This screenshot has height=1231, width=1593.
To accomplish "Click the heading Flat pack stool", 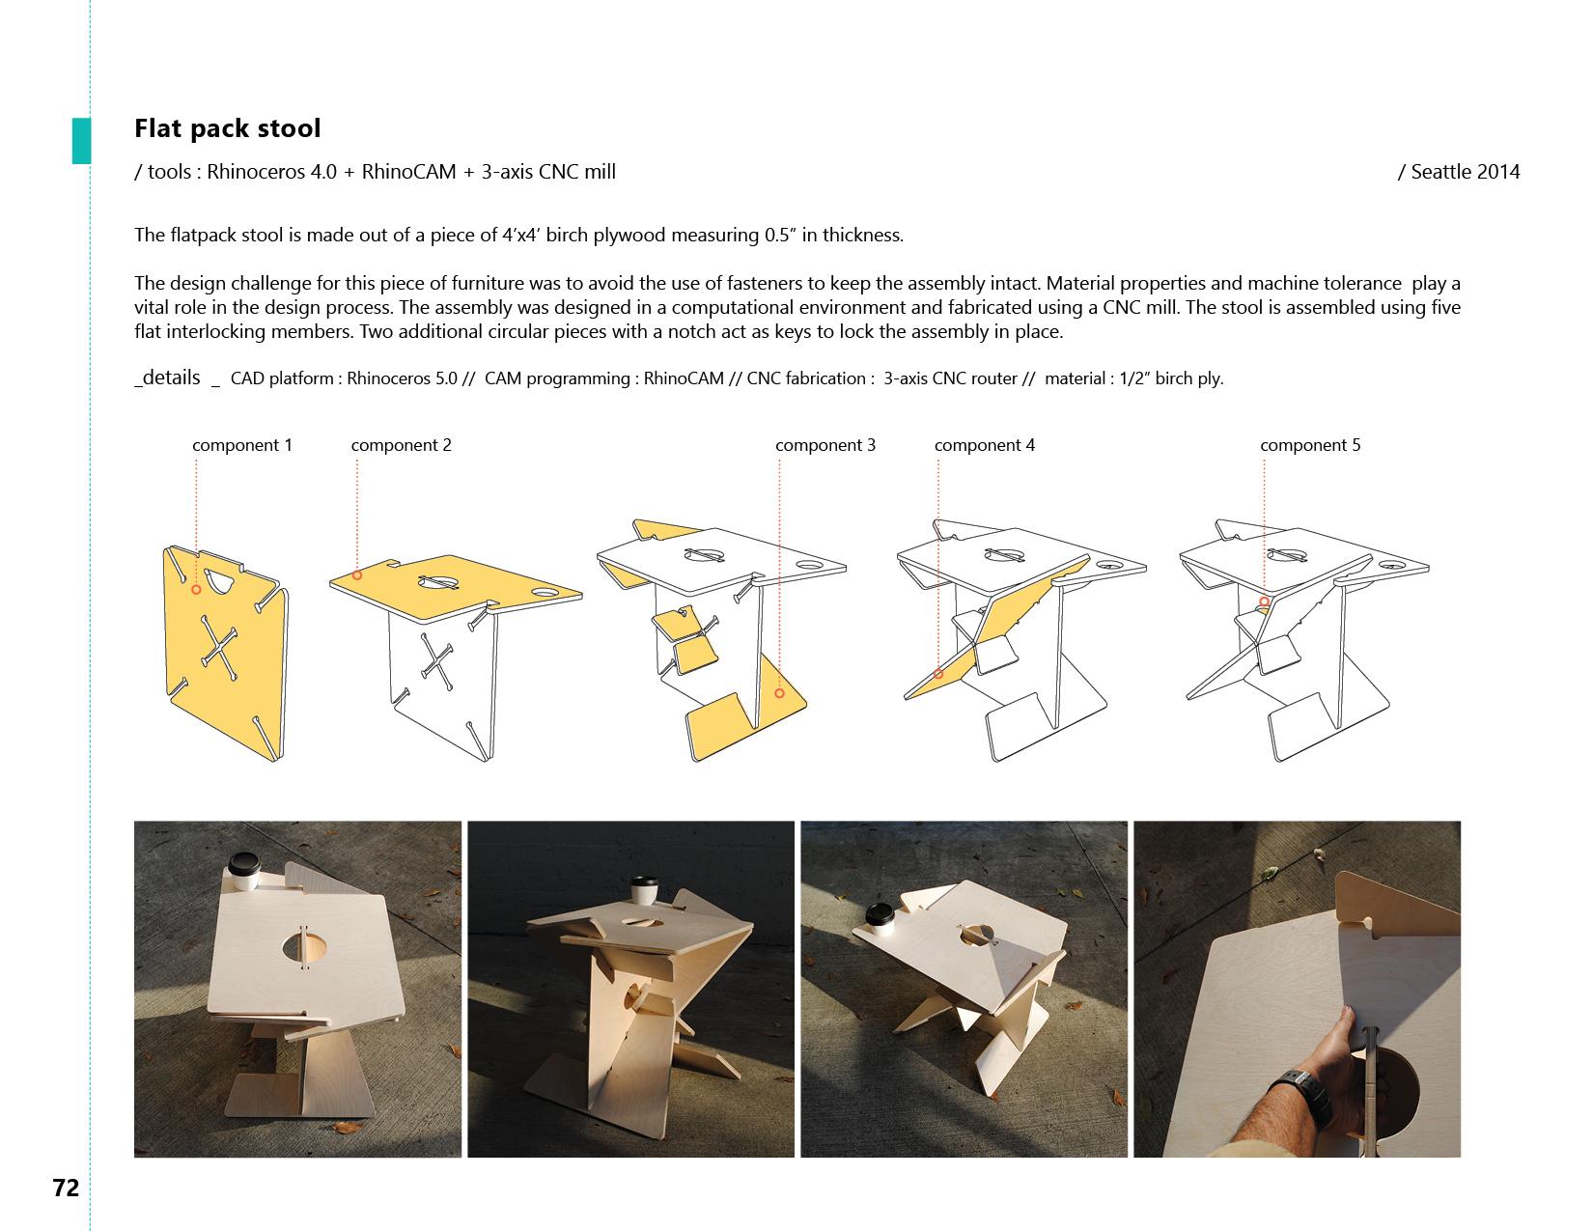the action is tap(227, 128).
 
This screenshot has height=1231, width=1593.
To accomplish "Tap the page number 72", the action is tap(66, 1187).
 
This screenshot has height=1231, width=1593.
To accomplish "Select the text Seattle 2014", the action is tap(1465, 172).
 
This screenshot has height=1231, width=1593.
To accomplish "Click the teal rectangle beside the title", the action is tap(81, 141).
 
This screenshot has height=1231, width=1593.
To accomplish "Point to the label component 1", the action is tap(242, 445).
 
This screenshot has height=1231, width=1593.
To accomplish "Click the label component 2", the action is tap(401, 445).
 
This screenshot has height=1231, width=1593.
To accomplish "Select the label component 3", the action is tap(825, 445).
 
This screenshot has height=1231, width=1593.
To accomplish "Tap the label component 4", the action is tap(985, 445).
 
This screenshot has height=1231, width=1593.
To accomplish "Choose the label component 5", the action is tap(1310, 445).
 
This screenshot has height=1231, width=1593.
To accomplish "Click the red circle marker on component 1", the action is tap(196, 590).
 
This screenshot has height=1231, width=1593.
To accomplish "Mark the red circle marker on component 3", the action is tap(779, 693).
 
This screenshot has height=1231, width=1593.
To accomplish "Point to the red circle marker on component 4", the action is tap(938, 673).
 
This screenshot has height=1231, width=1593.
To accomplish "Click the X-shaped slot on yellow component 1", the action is tap(218, 648).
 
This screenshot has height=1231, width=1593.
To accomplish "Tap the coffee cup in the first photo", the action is tap(244, 871).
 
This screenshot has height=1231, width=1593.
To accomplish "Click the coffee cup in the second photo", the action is tap(645, 890).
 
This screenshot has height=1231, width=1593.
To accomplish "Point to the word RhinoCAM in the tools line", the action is tap(408, 172).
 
